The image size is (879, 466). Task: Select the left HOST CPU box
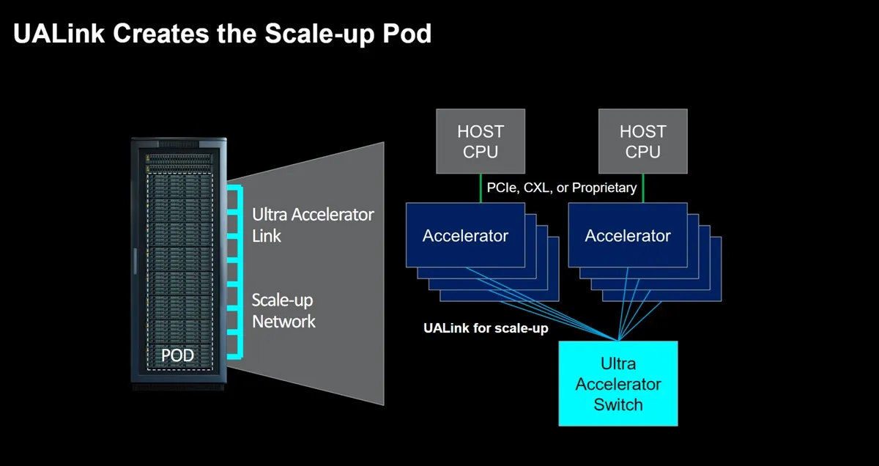481,141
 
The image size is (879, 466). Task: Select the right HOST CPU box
643,141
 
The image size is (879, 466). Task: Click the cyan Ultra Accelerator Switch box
618,383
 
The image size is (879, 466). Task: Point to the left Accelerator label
465,236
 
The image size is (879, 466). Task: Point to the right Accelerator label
628,236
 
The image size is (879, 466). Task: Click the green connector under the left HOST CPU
481,188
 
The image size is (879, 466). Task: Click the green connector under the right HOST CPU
643,188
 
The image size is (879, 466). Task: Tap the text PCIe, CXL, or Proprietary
562,188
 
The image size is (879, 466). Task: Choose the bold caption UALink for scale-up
486,328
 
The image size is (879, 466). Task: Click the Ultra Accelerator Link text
313,225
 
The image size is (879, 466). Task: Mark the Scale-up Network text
283,311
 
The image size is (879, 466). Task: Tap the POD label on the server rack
178,355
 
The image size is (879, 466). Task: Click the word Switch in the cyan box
618,404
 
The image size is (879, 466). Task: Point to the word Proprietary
604,188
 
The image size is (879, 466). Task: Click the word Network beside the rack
284,322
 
